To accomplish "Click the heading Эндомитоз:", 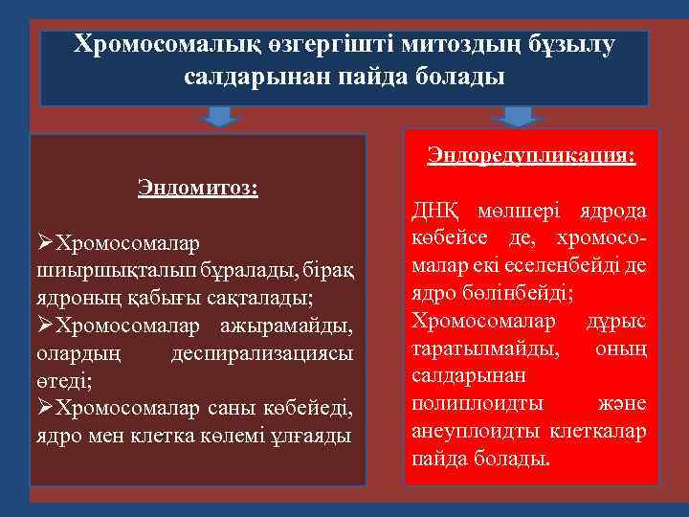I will pyautogui.click(x=198, y=185).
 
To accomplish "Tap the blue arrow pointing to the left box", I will pyautogui.click(x=222, y=117).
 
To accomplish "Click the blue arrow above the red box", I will pyautogui.click(x=518, y=117).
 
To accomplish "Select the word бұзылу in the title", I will pyautogui.click(x=570, y=44).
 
